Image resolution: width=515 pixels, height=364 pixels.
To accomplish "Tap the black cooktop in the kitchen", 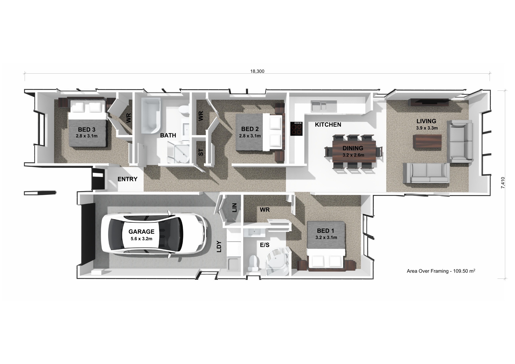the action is [296, 129].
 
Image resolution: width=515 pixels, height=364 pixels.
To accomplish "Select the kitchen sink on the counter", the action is [324, 106].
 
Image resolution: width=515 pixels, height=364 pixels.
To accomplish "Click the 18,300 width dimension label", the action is [257, 71].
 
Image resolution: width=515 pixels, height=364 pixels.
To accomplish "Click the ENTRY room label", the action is [127, 179].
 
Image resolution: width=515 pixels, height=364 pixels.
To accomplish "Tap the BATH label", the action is [168, 135].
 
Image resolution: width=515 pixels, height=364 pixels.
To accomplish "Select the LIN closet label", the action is [234, 208].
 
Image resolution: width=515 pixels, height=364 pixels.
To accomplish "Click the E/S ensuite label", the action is [265, 245].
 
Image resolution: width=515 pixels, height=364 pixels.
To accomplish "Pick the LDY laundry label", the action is [219, 247].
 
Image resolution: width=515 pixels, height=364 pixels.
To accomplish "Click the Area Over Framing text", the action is [441, 271].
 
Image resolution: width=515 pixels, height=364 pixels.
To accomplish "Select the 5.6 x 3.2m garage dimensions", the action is [141, 239].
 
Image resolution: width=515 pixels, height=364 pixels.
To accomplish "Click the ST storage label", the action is [201, 152].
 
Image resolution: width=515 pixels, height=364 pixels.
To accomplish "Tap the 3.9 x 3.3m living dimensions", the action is [427, 128].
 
